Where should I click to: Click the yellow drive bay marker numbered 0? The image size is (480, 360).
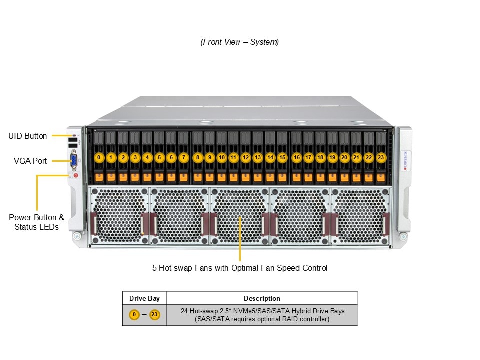click(x=99, y=157)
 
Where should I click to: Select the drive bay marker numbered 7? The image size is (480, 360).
click(x=183, y=157)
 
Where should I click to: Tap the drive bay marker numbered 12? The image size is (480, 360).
click(x=245, y=157)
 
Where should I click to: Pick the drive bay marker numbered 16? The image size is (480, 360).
click(x=296, y=157)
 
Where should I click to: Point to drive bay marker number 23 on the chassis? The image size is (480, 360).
click(x=381, y=157)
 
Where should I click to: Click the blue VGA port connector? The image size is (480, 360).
click(x=74, y=160)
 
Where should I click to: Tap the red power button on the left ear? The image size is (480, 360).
click(x=76, y=175)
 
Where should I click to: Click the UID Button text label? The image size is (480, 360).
click(x=28, y=136)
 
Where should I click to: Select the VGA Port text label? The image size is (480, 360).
click(x=30, y=161)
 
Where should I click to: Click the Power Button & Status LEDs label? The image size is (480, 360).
click(x=36, y=222)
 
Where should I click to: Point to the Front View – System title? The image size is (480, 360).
click(x=240, y=42)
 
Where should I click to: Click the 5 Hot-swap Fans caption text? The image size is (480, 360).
click(x=240, y=268)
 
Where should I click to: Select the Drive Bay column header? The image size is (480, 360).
click(x=144, y=298)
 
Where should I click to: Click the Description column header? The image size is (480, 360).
click(x=262, y=298)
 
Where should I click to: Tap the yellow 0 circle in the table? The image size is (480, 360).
click(x=134, y=315)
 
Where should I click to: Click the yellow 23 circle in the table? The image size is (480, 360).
click(x=155, y=315)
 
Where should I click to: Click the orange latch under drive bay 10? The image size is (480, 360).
click(x=221, y=176)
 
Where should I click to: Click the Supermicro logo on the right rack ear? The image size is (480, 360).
click(x=405, y=160)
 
